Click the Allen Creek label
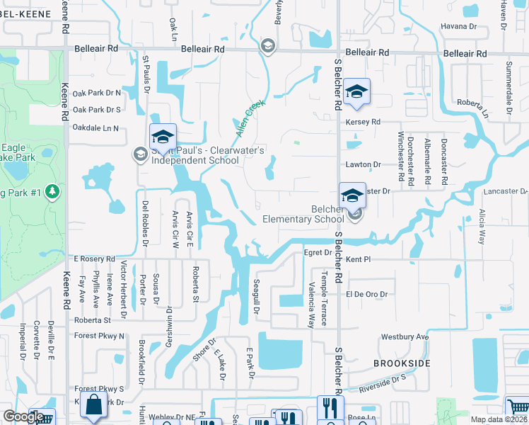click(249, 119)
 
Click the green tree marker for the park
click(52, 191)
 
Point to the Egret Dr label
click(318, 251)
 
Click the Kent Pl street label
click(358, 260)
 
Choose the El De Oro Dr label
click(367, 294)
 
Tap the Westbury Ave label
click(405, 337)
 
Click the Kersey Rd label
click(363, 122)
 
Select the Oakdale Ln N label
click(95, 128)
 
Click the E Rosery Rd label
click(93, 259)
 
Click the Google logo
click(23, 417)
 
